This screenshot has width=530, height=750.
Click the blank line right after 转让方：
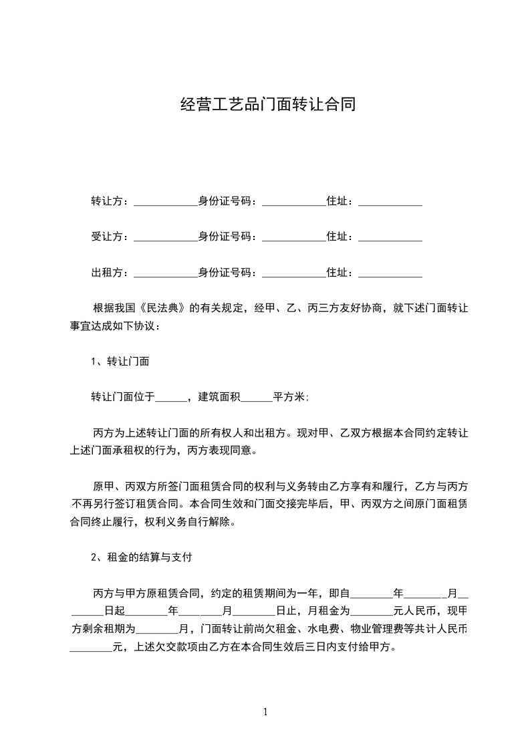166,203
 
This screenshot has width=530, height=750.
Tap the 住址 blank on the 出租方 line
390,275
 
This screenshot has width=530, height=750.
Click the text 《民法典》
164,308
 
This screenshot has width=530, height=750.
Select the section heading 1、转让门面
120,362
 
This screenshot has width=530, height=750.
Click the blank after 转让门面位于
171,399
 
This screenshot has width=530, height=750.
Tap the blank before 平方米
256,399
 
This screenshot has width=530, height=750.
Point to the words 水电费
309,629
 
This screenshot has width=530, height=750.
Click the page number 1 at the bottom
265,712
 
